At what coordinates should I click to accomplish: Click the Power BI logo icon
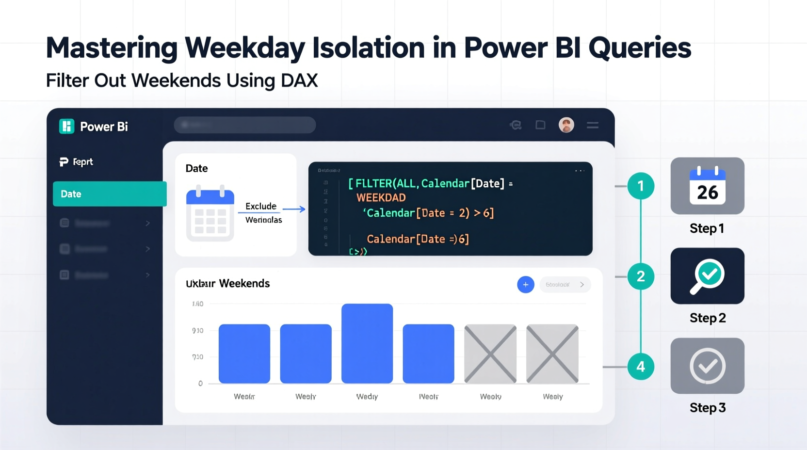pos(66,126)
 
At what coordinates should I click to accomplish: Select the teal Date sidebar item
pos(110,194)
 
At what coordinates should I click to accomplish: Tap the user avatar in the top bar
pos(566,125)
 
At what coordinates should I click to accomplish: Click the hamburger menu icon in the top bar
pos(593,125)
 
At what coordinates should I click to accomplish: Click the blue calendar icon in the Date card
pos(210,213)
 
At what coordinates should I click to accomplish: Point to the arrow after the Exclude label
pos(294,209)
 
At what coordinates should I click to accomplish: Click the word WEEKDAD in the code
pos(381,198)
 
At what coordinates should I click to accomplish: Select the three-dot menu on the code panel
pos(580,171)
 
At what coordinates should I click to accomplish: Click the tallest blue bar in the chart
pos(367,343)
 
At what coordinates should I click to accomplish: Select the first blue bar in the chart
pos(244,354)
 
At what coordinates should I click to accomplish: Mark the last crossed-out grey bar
pos(552,354)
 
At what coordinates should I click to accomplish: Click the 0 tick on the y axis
pos(200,384)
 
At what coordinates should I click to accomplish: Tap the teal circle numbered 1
pos(641,186)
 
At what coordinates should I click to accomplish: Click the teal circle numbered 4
pos(641,367)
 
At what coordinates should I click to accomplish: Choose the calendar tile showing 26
pos(707,186)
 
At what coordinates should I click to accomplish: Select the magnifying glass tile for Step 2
pos(707,276)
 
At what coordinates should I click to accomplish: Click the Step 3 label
pos(708,408)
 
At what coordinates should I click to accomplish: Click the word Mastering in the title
pos(111,48)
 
